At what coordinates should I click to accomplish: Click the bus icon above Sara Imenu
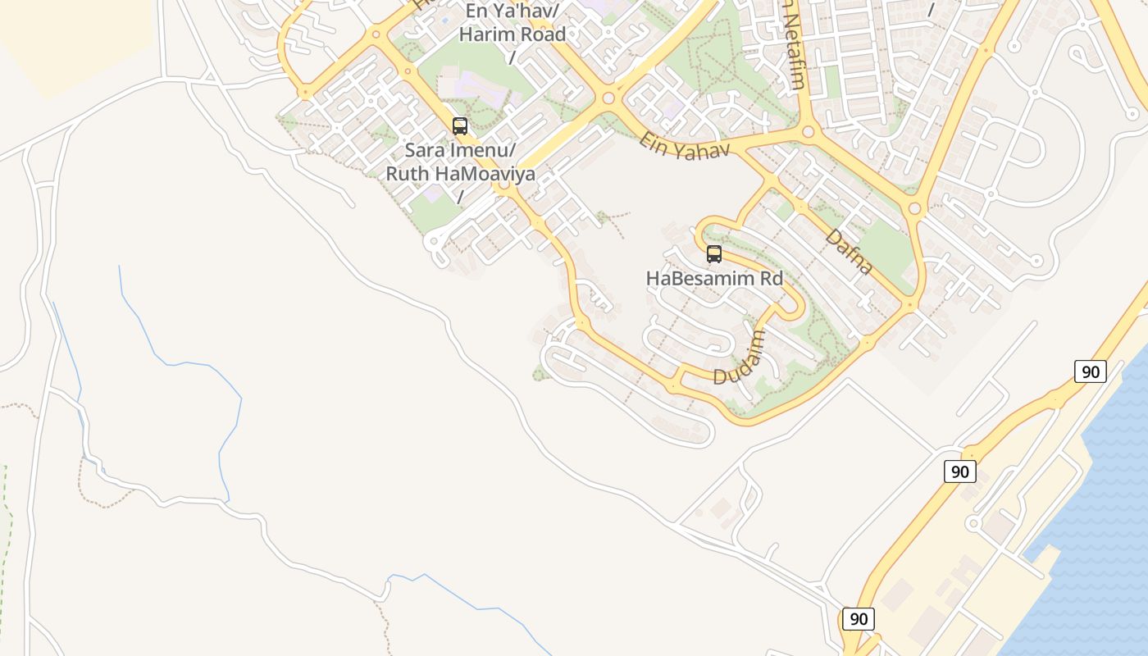(x=460, y=126)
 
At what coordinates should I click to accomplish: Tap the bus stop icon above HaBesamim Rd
(x=714, y=254)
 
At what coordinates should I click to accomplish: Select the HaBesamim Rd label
(x=714, y=278)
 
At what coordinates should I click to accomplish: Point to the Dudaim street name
(x=739, y=358)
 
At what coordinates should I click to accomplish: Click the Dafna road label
(x=848, y=252)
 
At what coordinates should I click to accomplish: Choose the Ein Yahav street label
(x=685, y=145)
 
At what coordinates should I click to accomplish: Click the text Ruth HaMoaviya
(x=460, y=174)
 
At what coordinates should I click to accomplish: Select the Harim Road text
(x=512, y=34)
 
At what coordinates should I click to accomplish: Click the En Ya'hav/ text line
(x=512, y=11)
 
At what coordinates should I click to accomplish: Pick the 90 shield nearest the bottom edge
(x=858, y=619)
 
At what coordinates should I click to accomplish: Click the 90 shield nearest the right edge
(x=1091, y=371)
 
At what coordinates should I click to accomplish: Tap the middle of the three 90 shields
(x=959, y=471)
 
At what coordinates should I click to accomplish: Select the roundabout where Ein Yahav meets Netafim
(x=808, y=131)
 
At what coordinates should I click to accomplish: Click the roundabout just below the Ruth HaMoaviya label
(x=503, y=186)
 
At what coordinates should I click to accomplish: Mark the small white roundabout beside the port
(x=973, y=523)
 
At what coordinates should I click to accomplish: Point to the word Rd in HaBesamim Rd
(x=772, y=278)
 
